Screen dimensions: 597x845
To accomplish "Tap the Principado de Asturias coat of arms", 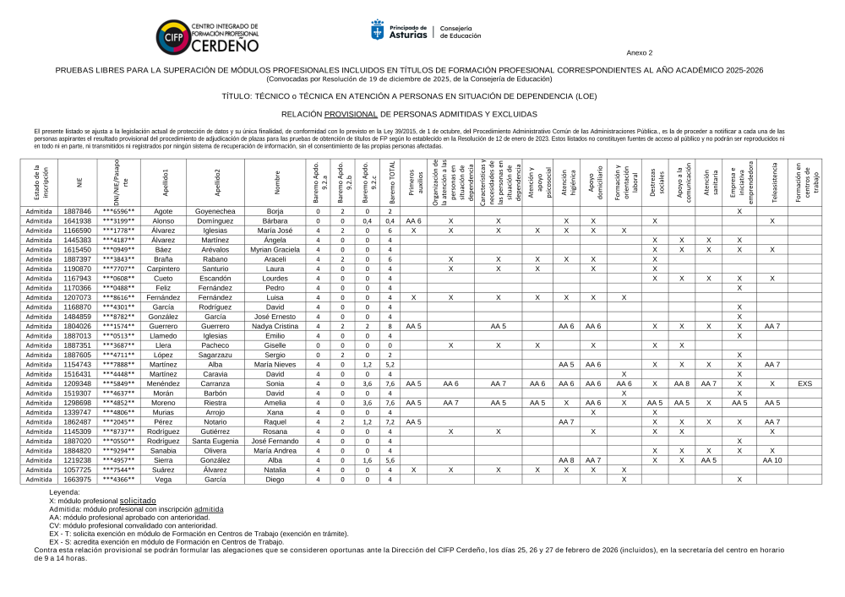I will [x=378, y=30].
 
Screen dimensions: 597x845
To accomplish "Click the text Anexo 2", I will [x=639, y=52].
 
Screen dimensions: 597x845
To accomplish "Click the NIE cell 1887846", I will [x=78, y=211].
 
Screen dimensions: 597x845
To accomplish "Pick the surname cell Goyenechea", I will [x=215, y=211].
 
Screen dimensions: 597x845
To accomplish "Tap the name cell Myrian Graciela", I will [x=275, y=250].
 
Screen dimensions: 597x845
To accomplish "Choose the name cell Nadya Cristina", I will [x=275, y=326].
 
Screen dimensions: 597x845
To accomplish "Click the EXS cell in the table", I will [x=804, y=383].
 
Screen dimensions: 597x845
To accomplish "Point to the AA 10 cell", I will [x=771, y=460].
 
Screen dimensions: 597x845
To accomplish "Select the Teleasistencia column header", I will [x=771, y=182].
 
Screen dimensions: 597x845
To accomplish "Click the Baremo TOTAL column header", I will [x=390, y=182].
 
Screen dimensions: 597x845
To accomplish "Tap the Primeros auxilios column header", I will [x=413, y=182].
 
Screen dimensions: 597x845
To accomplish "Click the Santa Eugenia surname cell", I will [x=215, y=441].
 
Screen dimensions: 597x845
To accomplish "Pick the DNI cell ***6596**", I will [x=118, y=211].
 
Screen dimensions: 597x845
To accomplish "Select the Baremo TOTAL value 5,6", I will [x=390, y=460].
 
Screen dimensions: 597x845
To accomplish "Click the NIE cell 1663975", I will [x=78, y=480].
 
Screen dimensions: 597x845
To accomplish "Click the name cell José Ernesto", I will [x=275, y=317].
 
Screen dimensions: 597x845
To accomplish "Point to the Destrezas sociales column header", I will [x=655, y=182].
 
